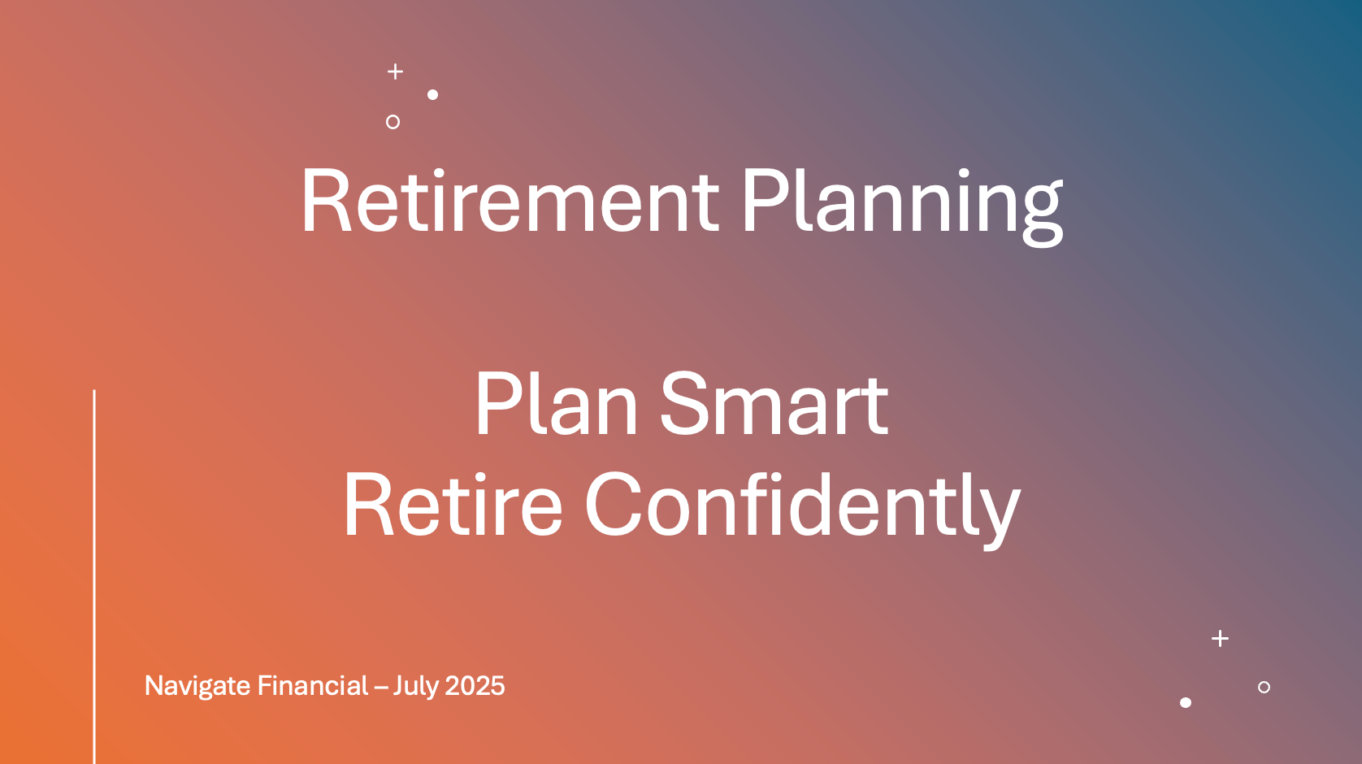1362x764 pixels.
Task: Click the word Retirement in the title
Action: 510,201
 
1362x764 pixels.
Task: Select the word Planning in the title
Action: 902,206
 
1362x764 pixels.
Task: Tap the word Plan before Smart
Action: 556,405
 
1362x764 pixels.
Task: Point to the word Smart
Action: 774,405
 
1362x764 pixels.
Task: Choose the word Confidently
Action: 803,510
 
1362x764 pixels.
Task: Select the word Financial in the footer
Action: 313,685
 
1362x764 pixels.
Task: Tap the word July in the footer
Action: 415,687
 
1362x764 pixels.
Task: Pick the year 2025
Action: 475,686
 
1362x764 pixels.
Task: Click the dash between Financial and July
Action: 380,688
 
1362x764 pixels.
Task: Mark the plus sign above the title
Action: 395,72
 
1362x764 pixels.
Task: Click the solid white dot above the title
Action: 433,94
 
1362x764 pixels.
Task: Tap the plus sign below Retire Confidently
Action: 1221,638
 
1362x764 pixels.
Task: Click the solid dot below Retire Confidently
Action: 1186,702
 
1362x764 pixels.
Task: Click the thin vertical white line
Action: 94,576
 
